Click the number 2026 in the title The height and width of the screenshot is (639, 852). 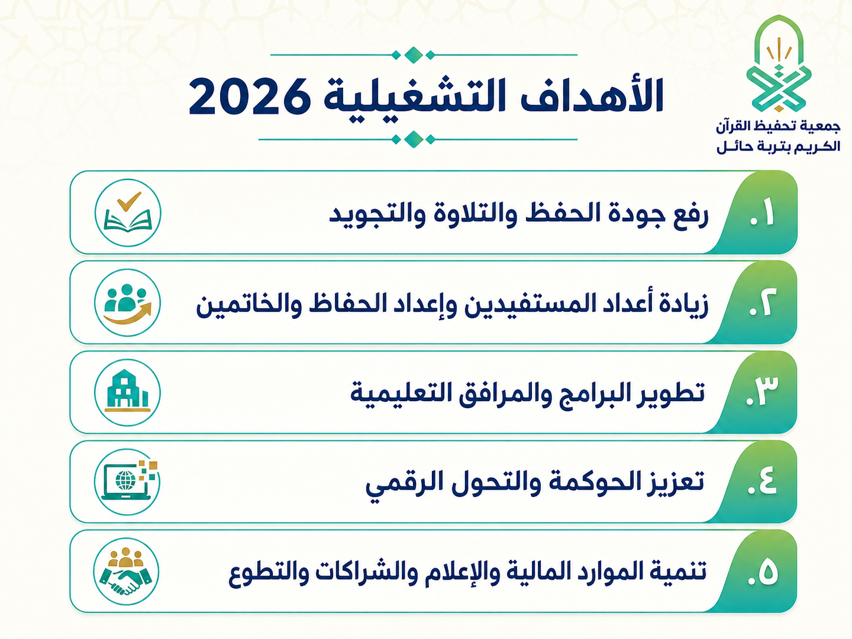249,96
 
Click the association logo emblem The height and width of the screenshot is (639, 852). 778,64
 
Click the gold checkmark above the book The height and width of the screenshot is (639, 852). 129,201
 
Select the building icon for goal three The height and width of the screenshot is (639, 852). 127,390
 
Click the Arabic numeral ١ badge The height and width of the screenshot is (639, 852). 761,212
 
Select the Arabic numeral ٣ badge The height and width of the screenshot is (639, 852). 761,391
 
